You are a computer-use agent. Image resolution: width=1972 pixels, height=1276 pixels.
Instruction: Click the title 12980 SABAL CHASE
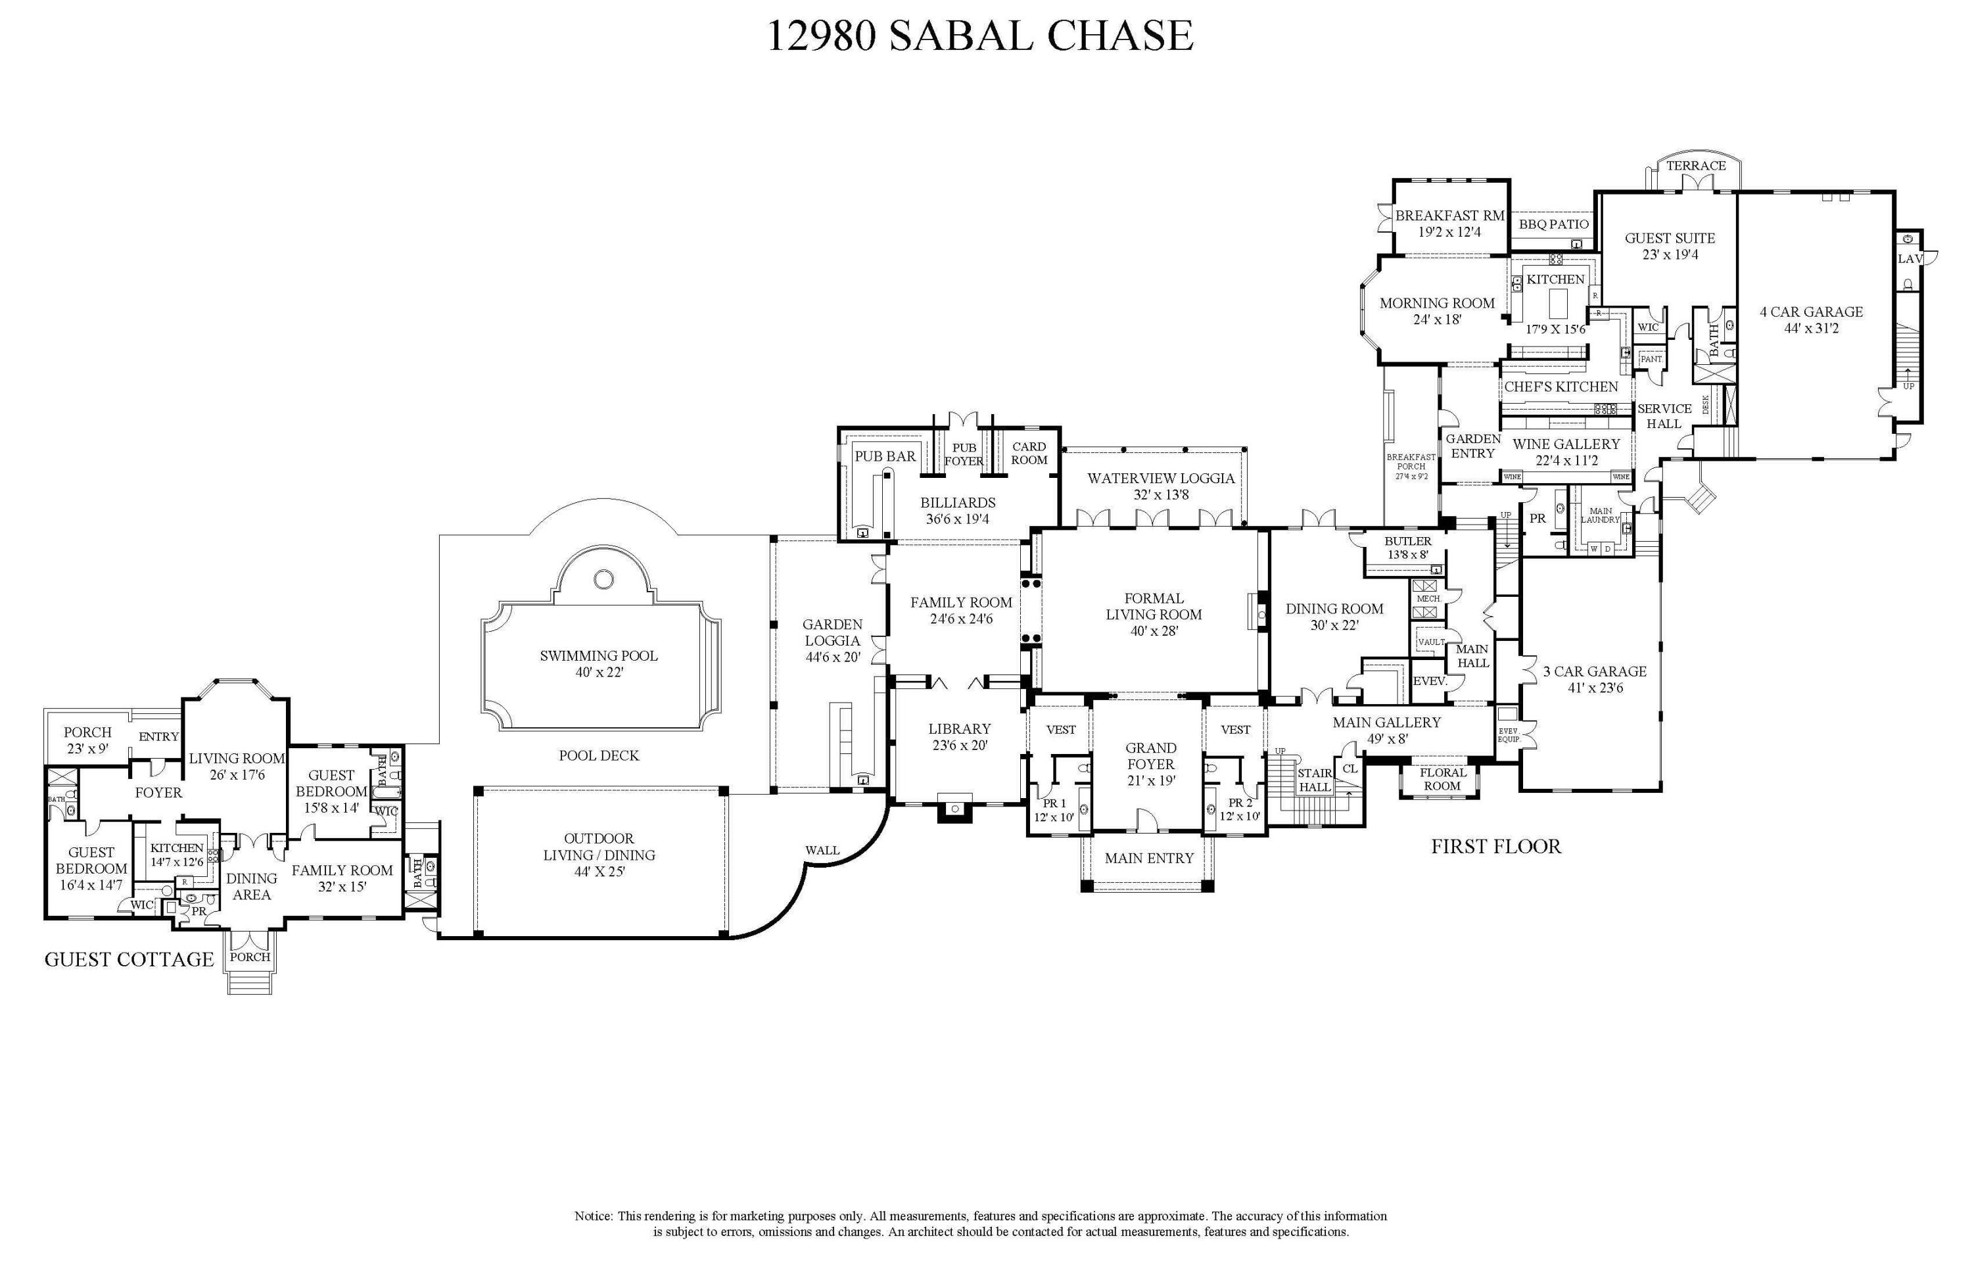(980, 36)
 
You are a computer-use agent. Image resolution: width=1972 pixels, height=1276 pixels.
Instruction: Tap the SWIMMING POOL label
(598, 656)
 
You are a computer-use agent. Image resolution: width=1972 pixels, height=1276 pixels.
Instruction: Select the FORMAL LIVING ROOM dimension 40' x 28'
(1154, 631)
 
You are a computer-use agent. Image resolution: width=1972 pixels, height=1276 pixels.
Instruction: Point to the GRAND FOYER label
(1150, 755)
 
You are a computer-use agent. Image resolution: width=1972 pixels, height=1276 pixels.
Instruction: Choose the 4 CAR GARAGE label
(1811, 312)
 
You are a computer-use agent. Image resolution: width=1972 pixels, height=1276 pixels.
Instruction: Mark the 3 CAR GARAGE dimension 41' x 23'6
(1595, 688)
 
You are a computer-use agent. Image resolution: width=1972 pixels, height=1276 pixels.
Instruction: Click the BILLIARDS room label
(957, 502)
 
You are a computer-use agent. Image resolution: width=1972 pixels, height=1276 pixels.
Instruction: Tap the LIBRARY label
(960, 728)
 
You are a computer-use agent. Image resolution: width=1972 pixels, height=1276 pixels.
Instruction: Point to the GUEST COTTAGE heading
(129, 960)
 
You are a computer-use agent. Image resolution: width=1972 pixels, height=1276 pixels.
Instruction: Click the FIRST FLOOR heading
(1495, 846)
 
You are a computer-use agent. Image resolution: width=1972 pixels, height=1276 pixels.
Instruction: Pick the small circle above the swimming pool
(603, 579)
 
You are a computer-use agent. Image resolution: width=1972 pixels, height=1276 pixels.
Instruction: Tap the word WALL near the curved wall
(822, 850)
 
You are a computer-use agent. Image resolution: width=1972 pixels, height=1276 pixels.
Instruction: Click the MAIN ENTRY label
(1149, 859)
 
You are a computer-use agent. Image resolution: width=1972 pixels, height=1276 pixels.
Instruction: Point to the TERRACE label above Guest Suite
(1696, 166)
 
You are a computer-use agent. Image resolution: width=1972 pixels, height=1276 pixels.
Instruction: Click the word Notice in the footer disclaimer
(594, 1216)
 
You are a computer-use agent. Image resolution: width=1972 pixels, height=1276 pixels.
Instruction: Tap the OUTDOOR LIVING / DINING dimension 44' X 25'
(598, 872)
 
